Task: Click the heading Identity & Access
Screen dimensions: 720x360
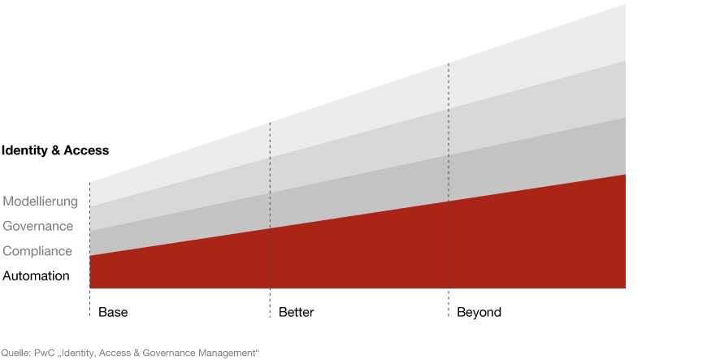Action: pyautogui.click(x=55, y=150)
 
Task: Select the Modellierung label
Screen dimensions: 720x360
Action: pyautogui.click(x=41, y=202)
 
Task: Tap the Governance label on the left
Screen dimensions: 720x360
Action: pyautogui.click(x=37, y=227)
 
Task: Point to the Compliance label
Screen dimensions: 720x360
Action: pyautogui.click(x=37, y=251)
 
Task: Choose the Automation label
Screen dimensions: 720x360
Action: pyautogui.click(x=36, y=276)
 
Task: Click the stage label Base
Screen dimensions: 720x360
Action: pyautogui.click(x=113, y=312)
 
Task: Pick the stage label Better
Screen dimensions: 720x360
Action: pyautogui.click(x=296, y=312)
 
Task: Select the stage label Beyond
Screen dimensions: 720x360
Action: pyautogui.click(x=479, y=312)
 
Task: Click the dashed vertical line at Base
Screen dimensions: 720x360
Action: pyautogui.click(x=89, y=249)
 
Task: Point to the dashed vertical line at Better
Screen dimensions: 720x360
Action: pyautogui.click(x=270, y=219)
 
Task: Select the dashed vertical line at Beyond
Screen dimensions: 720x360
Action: pyautogui.click(x=448, y=189)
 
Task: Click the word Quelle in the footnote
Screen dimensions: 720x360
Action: pyautogui.click(x=15, y=353)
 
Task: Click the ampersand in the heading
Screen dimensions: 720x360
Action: pyautogui.click(x=56, y=150)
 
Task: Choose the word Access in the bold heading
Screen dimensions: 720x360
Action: pyautogui.click(x=86, y=150)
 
